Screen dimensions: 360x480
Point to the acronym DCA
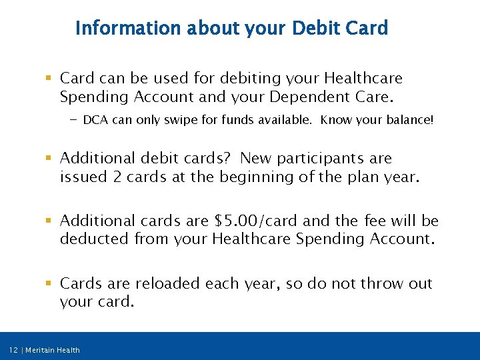pos(96,121)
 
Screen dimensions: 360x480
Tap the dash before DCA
pos(73,121)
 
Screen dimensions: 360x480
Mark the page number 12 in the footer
pos(13,350)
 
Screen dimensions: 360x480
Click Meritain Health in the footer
pos(53,350)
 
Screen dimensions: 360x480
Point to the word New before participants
pos(255,159)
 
